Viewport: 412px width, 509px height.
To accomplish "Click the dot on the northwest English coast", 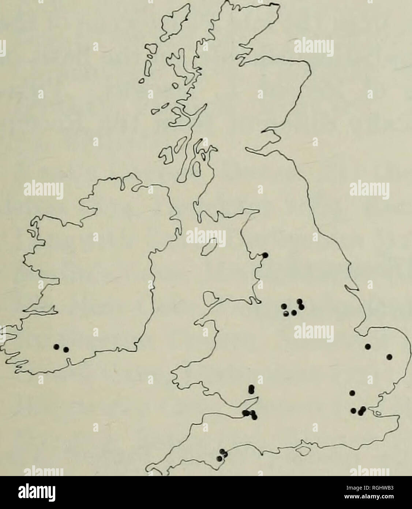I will tap(266, 255).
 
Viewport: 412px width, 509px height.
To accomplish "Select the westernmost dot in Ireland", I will tap(56, 346).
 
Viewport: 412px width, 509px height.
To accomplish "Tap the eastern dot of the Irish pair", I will tap(66, 349).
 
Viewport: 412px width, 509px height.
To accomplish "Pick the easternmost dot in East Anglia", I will tap(389, 356).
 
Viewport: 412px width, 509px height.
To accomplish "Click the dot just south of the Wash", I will tap(368, 346).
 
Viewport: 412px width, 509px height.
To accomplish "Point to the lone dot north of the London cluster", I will tap(352, 393).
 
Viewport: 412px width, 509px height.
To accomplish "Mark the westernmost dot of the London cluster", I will tap(353, 410).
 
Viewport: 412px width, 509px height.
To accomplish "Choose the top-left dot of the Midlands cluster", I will tap(283, 306).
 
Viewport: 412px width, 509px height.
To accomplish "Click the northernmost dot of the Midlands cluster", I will tap(300, 301).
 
